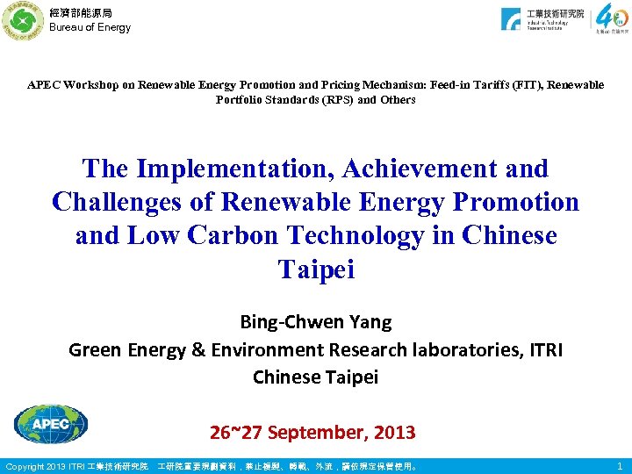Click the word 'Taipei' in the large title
click(x=316, y=269)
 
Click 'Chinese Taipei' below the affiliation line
click(x=316, y=377)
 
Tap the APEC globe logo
click(x=51, y=425)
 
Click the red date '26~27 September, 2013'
click(x=312, y=432)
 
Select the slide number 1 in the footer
click(x=621, y=466)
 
